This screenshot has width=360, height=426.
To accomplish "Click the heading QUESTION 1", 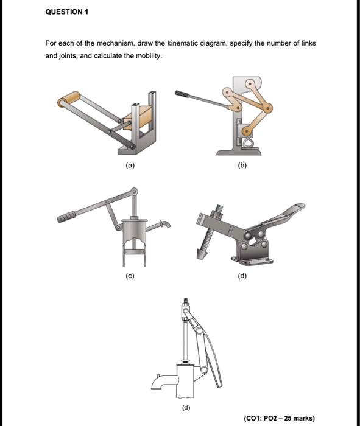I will click(x=67, y=12).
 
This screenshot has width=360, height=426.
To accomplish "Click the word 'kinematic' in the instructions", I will click(x=169, y=44).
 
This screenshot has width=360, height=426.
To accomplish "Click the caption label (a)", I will click(x=131, y=165).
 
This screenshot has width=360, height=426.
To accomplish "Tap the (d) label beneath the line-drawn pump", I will click(x=186, y=407).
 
